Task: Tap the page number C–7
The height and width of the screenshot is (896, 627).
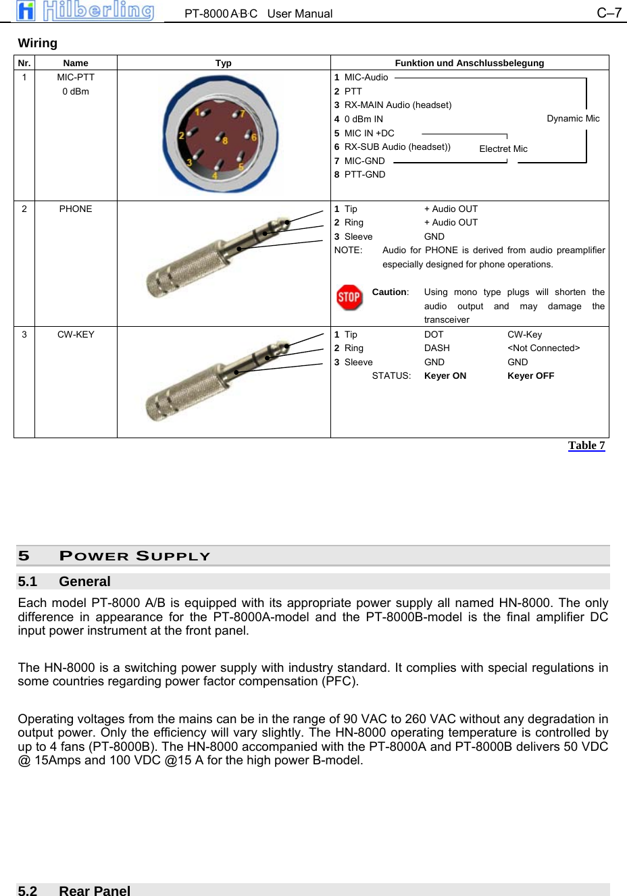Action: pos(608,13)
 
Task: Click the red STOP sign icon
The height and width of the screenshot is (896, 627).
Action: pos(349,297)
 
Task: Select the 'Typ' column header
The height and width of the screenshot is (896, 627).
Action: pos(223,63)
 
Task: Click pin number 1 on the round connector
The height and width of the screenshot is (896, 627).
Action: pos(197,113)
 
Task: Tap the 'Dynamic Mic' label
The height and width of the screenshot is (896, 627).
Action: pos(573,119)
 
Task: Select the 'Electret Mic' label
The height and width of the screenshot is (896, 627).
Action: pos(503,149)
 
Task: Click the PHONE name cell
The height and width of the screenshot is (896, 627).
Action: pos(76,209)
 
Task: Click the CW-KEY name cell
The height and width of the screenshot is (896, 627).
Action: pos(76,335)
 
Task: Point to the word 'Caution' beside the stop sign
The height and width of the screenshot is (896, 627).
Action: pos(390,292)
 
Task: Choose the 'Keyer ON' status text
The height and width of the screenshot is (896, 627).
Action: pos(445,376)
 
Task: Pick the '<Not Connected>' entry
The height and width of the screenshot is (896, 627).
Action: pos(543,348)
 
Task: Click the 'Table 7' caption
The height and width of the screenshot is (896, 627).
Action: pos(586,446)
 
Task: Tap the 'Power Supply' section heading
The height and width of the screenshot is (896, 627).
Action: pos(135,556)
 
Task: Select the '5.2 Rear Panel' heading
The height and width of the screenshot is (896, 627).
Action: pos(74,890)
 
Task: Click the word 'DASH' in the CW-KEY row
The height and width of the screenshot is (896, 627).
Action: pos(436,348)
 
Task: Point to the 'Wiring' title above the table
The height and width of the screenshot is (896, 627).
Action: pos(38,43)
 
